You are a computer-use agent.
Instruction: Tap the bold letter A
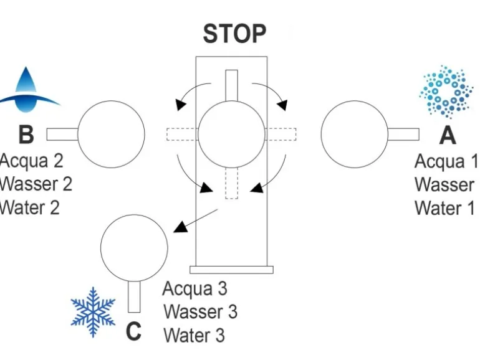coord(448,134)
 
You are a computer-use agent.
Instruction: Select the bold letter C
coord(133,331)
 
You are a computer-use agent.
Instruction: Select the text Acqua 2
coord(31,161)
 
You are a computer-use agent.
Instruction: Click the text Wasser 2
coord(36,184)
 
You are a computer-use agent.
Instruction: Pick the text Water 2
coord(30,207)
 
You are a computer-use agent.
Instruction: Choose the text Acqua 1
coord(446,161)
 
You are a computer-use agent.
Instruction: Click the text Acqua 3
coord(194,289)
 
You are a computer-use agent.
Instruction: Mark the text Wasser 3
coord(200,311)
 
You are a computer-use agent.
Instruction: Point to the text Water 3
coord(194,334)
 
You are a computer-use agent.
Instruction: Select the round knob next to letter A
coord(354,134)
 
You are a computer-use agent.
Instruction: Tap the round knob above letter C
coord(134,247)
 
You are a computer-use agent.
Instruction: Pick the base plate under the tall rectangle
coord(231,270)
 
